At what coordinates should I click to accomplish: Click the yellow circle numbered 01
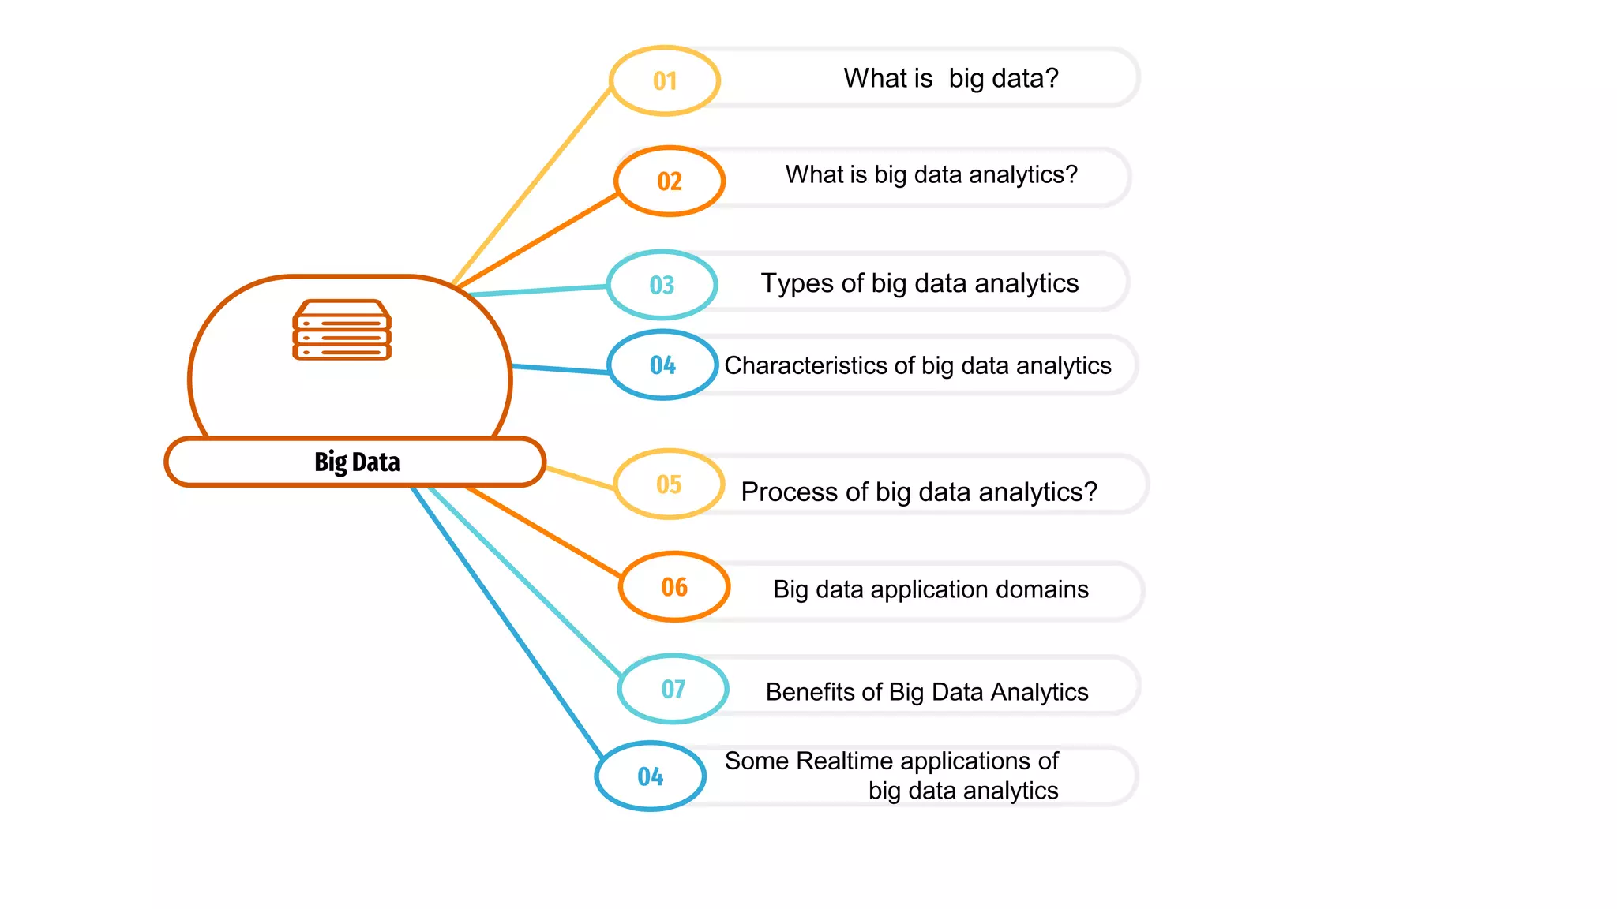[x=665, y=80]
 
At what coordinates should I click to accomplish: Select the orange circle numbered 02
[x=670, y=181]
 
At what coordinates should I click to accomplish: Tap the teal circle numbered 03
[x=662, y=285]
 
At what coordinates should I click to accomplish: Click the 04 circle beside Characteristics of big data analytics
[x=662, y=365]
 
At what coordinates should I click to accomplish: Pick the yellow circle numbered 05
[x=669, y=484]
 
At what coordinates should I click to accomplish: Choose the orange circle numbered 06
[x=674, y=586]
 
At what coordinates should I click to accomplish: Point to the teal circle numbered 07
[x=673, y=689]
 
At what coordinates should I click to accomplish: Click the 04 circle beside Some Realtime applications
[x=650, y=776]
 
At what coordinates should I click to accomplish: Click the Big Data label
[x=356, y=462]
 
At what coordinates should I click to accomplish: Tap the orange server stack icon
[x=342, y=330]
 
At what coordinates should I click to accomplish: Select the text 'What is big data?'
[x=951, y=78]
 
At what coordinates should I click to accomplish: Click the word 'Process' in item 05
[x=789, y=492]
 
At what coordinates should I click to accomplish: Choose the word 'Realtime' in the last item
[x=844, y=761]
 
